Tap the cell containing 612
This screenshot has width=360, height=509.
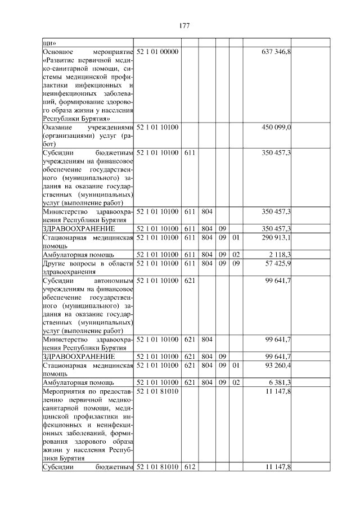pyautogui.click(x=189, y=467)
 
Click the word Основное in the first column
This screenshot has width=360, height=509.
pyautogui.click(x=58, y=52)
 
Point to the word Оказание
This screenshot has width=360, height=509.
pyautogui.click(x=57, y=128)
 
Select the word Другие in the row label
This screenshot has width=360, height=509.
pyautogui.click(x=56, y=264)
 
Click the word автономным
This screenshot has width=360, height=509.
pyautogui.click(x=115, y=280)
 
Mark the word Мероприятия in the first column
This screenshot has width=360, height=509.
pyautogui.click(x=64, y=391)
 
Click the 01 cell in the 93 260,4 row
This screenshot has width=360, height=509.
pyautogui.click(x=236, y=365)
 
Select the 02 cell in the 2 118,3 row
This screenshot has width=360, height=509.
pyautogui.click(x=236, y=254)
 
